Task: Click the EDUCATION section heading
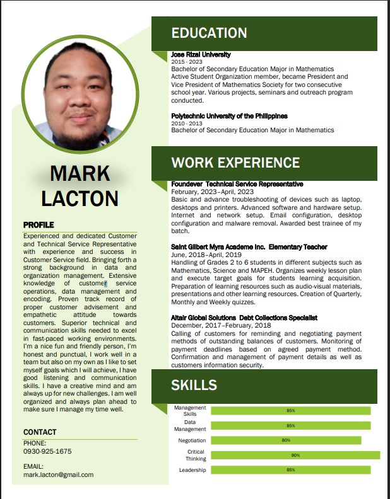click(209, 33)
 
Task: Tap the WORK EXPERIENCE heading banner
click(235, 163)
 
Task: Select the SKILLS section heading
click(194, 385)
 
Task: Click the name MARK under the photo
click(80, 173)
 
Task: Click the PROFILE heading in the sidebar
click(38, 225)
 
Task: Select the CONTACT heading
click(40, 432)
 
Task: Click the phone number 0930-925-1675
click(47, 452)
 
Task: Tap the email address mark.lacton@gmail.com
click(58, 474)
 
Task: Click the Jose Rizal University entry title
click(201, 55)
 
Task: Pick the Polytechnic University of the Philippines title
click(229, 116)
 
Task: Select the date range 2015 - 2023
click(187, 62)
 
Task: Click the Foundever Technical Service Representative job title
click(237, 184)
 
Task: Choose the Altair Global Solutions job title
click(244, 318)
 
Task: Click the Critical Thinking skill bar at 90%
click(295, 456)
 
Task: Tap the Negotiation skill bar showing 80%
click(286, 440)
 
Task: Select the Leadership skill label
click(192, 470)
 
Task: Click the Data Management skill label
click(190, 426)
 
